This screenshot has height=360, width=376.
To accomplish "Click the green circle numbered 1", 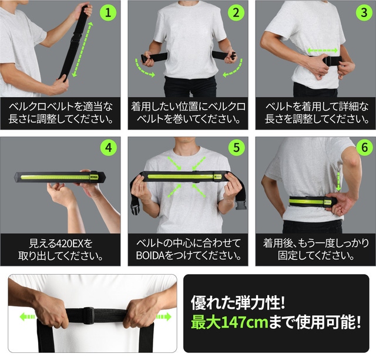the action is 108,12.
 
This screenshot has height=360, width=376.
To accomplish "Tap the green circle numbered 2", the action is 236,12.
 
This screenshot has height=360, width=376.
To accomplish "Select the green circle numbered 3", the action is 364,12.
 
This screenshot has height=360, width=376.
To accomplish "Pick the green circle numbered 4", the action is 109,147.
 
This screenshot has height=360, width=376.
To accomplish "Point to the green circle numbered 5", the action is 236,147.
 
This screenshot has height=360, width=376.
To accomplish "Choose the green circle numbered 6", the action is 364,147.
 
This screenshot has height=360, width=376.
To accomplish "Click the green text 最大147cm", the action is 230,322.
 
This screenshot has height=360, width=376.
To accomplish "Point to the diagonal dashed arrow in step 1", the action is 82,49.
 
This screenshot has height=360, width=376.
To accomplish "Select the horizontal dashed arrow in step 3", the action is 323,51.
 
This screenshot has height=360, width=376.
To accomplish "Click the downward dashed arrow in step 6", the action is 338,181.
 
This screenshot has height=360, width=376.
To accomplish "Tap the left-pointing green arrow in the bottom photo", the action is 27,317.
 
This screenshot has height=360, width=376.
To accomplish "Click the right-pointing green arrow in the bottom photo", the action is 164,317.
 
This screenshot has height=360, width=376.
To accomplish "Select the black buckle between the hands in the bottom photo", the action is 88,315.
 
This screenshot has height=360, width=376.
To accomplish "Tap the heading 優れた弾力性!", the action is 238,302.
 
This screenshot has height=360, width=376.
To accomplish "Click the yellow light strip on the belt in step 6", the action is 306,201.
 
